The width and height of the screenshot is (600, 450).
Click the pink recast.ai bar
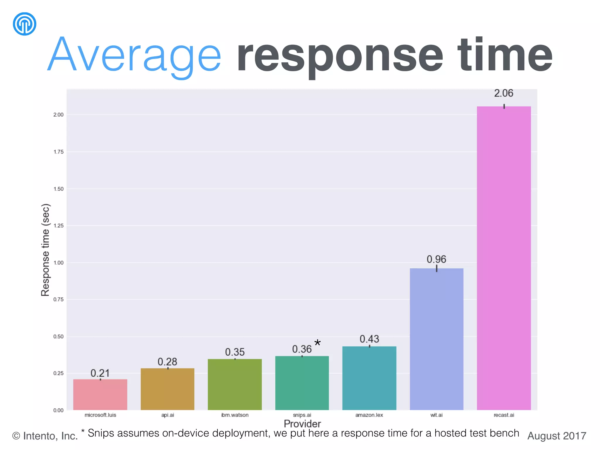504,258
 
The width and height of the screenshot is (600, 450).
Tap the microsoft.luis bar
100,394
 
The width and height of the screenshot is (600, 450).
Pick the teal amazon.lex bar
369,378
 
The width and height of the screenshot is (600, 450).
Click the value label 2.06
504,93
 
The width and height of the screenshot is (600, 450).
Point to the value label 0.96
436,259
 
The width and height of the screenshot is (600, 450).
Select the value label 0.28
167,362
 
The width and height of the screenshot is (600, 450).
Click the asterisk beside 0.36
317,343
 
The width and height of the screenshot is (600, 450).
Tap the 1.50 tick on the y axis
58,189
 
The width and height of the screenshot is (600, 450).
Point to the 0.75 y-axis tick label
58,299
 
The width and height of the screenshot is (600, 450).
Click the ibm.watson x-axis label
235,415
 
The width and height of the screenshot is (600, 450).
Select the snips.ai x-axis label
302,415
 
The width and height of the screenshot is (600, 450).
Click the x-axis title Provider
302,424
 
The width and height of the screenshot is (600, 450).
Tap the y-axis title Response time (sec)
45,250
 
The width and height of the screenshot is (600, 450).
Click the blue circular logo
25,24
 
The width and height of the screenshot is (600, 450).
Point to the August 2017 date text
556,436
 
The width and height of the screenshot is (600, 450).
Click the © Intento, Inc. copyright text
45,436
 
